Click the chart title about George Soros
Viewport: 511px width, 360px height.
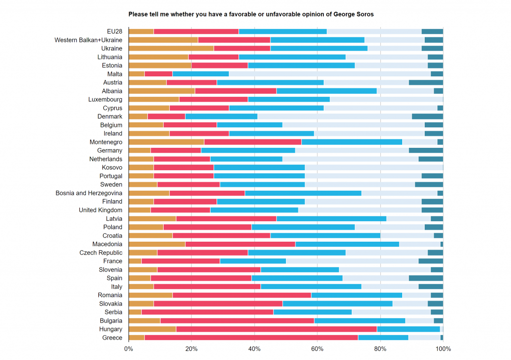pos(251,14)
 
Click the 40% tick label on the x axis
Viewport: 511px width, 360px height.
pos(255,349)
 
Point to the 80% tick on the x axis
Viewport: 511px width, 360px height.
pos(380,349)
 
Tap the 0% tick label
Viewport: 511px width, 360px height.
pos(128,349)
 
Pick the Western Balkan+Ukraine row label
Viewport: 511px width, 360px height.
pos(88,40)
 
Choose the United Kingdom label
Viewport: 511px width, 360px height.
pos(100,210)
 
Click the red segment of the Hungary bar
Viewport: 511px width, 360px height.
pos(276,329)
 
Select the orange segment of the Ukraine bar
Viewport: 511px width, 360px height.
pos(171,48)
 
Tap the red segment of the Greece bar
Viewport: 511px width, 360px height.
pos(251,338)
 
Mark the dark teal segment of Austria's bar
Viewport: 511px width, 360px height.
pos(426,82)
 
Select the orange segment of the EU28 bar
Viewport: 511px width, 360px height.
pos(141,31)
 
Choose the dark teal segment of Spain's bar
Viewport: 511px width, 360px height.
pos(426,278)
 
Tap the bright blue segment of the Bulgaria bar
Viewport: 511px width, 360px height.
pos(359,321)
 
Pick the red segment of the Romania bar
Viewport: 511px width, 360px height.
pos(242,295)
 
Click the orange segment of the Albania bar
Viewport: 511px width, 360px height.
pos(162,91)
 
